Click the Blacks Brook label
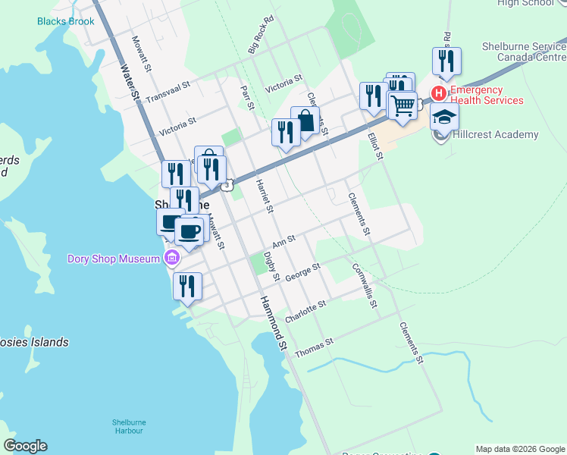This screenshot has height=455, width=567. click(66, 21)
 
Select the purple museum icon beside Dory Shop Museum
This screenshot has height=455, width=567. click(172, 259)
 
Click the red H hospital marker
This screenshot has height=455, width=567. click(438, 93)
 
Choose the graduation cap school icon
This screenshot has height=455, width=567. click(445, 117)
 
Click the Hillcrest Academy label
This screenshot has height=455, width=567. click(495, 135)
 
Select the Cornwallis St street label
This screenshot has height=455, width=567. click(365, 285)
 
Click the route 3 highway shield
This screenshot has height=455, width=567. click(227, 184)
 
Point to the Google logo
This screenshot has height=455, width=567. click(25, 446)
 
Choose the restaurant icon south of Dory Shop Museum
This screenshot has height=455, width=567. click(186, 286)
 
